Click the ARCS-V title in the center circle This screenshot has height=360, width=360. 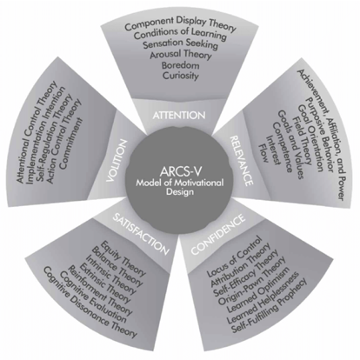point(180,171)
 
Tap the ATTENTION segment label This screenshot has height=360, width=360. point(179,116)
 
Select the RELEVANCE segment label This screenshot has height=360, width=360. point(242,161)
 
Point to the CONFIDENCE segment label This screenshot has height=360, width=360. point(218,235)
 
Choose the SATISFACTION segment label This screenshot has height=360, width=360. point(141,234)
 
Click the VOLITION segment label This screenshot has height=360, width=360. point(117,161)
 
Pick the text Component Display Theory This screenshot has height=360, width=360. point(180,24)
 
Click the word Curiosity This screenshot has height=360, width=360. point(181,76)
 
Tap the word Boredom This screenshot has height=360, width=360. point(180,65)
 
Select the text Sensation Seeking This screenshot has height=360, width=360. point(180,43)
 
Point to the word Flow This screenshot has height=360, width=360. point(263,153)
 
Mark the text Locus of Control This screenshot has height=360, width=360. point(235,257)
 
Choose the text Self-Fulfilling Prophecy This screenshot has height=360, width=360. point(269,306)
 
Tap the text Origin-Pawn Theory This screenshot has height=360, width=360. point(251,281)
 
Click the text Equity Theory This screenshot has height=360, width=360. point(124,258)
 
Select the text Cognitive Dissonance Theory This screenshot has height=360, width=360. point(90,303)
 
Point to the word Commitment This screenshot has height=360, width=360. point(71,143)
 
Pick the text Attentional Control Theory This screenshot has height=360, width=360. point(37,132)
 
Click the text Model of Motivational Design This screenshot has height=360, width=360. point(180,187)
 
